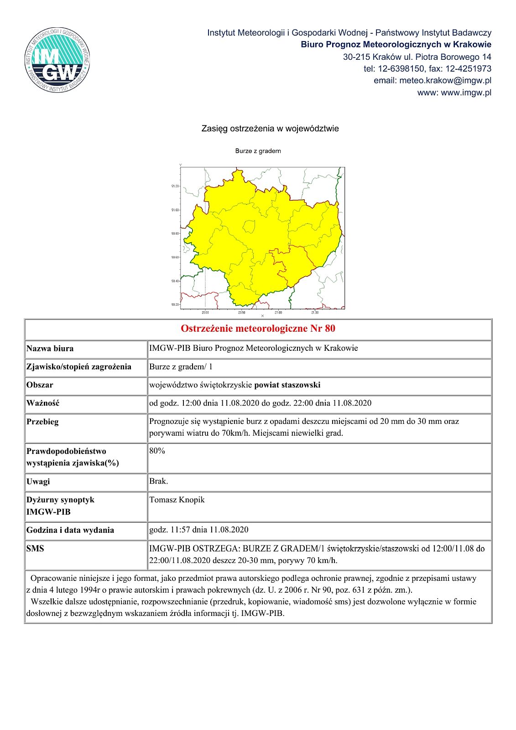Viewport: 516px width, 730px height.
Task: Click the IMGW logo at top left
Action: [x=57, y=59]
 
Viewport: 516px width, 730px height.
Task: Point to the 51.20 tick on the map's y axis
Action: [x=175, y=186]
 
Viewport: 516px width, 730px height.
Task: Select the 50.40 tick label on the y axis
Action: [x=175, y=281]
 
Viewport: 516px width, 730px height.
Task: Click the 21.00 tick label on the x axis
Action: [x=278, y=313]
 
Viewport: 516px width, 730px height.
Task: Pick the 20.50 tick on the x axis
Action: [x=242, y=313]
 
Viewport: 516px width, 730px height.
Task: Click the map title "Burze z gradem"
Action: [x=258, y=151]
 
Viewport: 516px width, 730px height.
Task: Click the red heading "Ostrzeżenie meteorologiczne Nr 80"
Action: [x=258, y=328]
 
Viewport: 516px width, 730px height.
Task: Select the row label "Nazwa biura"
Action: [x=50, y=349]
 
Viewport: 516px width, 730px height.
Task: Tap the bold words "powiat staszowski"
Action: [x=287, y=385]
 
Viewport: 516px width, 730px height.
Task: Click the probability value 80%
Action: [x=157, y=451]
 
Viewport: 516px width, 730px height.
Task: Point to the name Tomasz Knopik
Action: [x=177, y=500]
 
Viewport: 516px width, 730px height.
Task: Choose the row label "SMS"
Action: [x=35, y=548]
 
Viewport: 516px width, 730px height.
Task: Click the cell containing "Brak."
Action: [x=159, y=481]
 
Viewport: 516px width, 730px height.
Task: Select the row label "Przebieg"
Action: [x=42, y=422]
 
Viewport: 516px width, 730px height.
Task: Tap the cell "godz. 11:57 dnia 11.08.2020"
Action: [x=199, y=530]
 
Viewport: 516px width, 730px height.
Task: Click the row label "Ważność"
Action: [x=43, y=403]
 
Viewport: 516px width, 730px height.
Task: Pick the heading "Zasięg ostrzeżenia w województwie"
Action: [x=270, y=129]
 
